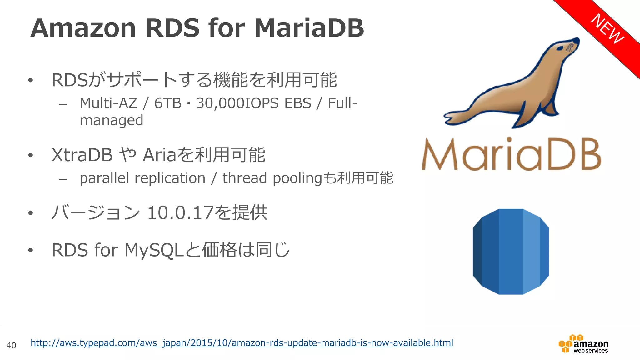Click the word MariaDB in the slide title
[x=309, y=28]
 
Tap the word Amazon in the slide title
[x=83, y=28]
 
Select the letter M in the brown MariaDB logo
[x=440, y=155]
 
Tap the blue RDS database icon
[x=511, y=252]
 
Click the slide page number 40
[x=11, y=345]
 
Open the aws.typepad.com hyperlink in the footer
[x=242, y=343]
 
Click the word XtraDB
[x=82, y=155]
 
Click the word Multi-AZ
[x=108, y=103]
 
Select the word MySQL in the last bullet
[x=153, y=250]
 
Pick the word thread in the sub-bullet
[x=245, y=178]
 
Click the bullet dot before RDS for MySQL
[x=30, y=250]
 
